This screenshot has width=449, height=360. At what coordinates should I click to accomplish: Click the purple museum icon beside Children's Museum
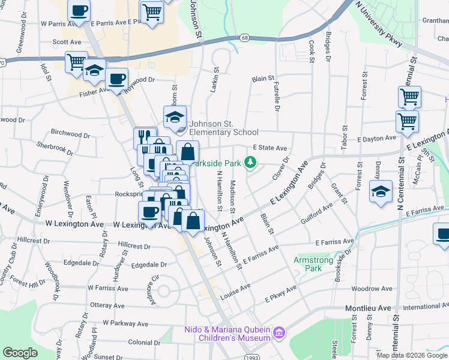pyautogui.click(x=278, y=332)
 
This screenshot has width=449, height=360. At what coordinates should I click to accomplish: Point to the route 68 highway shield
pyautogui.click(x=245, y=37)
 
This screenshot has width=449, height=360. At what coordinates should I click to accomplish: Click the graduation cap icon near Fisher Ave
pyautogui.click(x=94, y=71)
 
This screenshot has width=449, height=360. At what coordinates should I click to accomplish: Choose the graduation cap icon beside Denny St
pyautogui.click(x=381, y=191)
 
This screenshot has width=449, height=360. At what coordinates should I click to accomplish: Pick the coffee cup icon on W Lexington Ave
pyautogui.click(x=149, y=211)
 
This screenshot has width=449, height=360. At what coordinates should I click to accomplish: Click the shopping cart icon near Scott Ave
pyautogui.click(x=77, y=62)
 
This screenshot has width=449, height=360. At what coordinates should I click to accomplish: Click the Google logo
pyautogui.click(x=20, y=353)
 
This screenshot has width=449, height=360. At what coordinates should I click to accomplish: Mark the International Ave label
pyautogui.click(x=426, y=307)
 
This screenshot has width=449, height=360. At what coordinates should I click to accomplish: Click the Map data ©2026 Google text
pyautogui.click(x=412, y=355)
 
